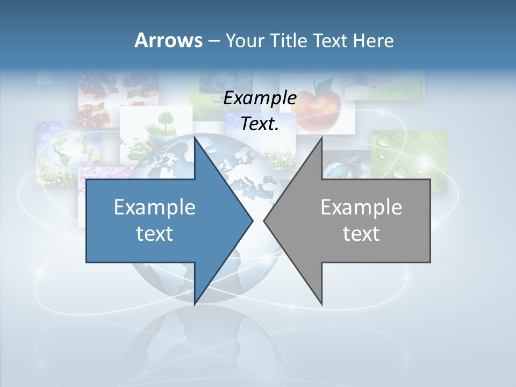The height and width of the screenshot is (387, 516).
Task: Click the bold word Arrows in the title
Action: [168, 40]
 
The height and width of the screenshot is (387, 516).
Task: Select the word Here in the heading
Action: [374, 40]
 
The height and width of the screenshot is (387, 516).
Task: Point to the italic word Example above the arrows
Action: [260, 98]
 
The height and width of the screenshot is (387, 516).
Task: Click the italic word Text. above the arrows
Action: [260, 124]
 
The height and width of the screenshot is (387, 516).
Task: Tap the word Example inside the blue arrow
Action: [155, 207]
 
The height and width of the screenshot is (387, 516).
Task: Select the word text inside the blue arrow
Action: [155, 234]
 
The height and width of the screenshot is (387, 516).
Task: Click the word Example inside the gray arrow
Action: [361, 207]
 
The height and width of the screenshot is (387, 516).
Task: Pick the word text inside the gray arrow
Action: [361, 234]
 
